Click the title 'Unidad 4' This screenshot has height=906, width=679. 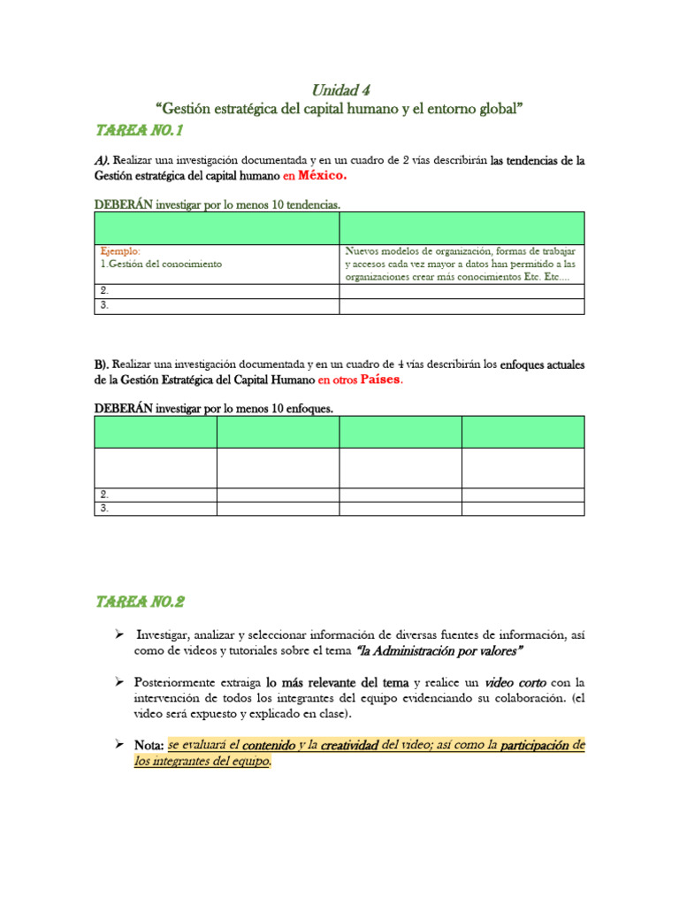coord(339,89)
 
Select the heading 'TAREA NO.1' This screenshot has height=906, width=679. coord(138,131)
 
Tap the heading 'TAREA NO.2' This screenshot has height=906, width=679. coord(140,602)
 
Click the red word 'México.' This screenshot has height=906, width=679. coord(323,175)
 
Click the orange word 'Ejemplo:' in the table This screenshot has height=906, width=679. coord(120,250)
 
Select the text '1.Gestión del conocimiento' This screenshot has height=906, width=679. coord(161,264)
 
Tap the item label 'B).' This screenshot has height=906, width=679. coord(103,365)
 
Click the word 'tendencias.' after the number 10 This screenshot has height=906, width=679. coord(309,204)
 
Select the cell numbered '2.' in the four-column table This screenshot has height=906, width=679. coord(104,495)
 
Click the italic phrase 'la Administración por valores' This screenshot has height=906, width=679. coord(439,650)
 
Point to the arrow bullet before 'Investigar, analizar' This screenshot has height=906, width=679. coord(118,635)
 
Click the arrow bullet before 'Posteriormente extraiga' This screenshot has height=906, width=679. coord(118,683)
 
